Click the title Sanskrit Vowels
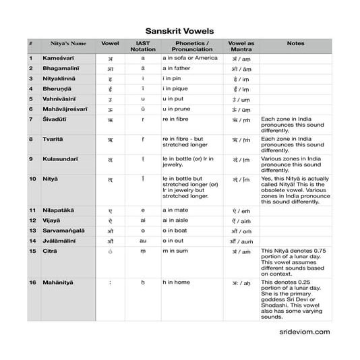pos(179,31)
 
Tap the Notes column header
pos(295,43)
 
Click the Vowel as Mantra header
pos(241,47)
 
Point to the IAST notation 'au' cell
pos(142,241)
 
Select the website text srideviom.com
pos(303,332)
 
